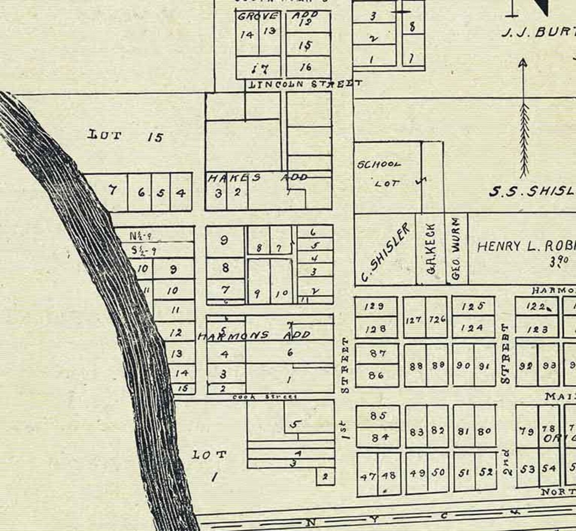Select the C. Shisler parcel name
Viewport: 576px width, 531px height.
pyautogui.click(x=385, y=252)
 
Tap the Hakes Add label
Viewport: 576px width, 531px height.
pyautogui.click(x=258, y=178)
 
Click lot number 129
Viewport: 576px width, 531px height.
pyautogui.click(x=375, y=306)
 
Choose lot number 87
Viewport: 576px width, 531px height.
pyautogui.click(x=377, y=353)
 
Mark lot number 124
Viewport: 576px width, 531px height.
pyautogui.click(x=472, y=328)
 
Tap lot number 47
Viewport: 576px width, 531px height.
pyautogui.click(x=368, y=476)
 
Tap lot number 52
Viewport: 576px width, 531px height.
pyautogui.click(x=486, y=472)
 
